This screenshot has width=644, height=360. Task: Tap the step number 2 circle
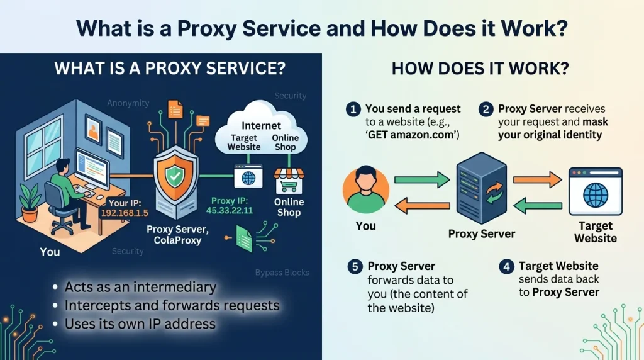[x=486, y=110]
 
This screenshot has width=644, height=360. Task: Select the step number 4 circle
[x=506, y=267]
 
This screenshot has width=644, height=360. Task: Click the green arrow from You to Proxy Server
[x=421, y=180]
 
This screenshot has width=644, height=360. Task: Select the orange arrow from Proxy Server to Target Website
[x=536, y=180]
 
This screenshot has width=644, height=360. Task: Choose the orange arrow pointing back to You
[x=421, y=204]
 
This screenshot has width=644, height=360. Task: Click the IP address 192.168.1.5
[x=125, y=213]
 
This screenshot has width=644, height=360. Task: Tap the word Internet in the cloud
[x=261, y=126]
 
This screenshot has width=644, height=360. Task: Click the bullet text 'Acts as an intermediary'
[x=140, y=288]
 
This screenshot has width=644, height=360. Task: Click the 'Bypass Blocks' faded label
[x=282, y=273]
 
